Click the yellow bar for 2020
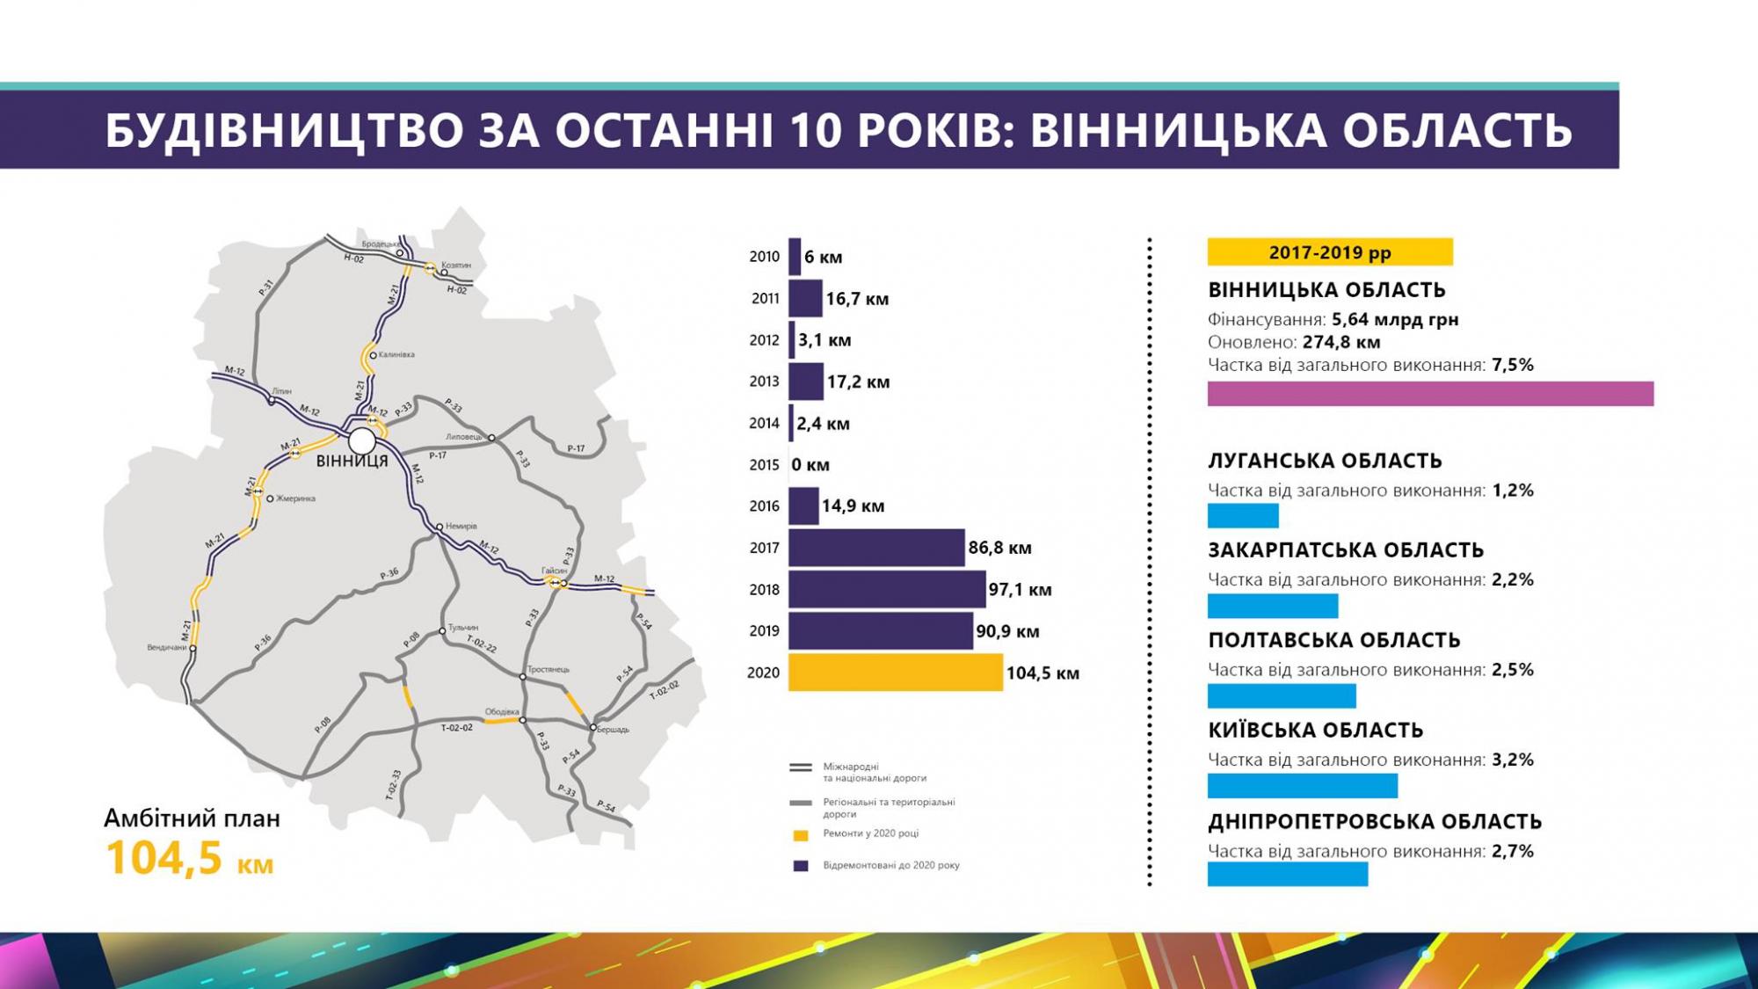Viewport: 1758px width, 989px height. [895, 673]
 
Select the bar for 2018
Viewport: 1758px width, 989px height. [886, 589]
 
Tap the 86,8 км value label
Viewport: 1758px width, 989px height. [999, 548]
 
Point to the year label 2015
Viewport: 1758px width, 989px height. [764, 464]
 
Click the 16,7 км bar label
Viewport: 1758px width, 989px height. [857, 299]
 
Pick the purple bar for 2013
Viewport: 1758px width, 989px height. [805, 382]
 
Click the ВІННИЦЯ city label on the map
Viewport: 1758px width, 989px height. [352, 461]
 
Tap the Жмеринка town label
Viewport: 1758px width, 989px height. [295, 498]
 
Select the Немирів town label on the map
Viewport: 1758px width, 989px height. [461, 526]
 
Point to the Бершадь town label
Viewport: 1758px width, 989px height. [613, 729]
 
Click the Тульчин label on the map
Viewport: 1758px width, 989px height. [463, 628]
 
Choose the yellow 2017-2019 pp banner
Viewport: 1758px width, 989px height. [1329, 252]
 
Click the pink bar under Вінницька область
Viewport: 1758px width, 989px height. [1429, 394]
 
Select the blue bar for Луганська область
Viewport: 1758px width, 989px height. [1242, 515]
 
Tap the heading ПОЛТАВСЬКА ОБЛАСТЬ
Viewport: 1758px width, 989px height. [1333, 640]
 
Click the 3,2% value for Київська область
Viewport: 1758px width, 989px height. [1512, 760]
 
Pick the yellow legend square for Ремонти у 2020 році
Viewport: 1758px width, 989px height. [801, 835]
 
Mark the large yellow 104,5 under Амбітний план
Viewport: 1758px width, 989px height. [163, 858]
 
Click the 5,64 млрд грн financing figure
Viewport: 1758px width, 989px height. [1395, 319]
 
